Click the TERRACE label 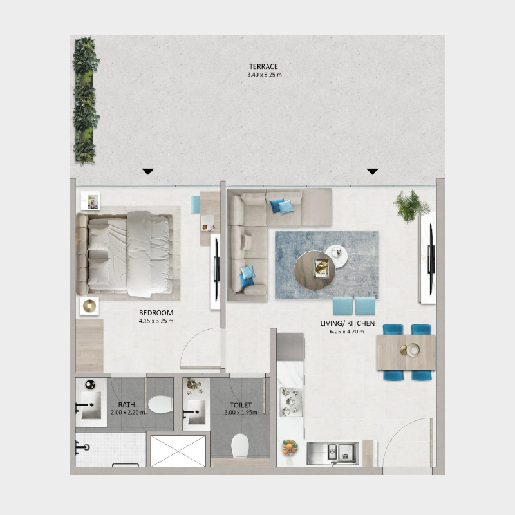point(264,66)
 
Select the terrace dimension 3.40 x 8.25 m point(264,75)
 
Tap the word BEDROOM point(156,313)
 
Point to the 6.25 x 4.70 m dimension point(347,332)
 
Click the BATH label point(126,405)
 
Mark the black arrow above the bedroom point(148,171)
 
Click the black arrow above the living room point(372,171)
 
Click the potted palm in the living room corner point(411,205)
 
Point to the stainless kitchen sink point(332,452)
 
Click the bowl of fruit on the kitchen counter point(290,446)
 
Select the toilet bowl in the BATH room point(160,404)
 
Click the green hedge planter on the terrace point(85,100)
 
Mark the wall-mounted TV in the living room point(429,257)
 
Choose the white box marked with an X point(178,451)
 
